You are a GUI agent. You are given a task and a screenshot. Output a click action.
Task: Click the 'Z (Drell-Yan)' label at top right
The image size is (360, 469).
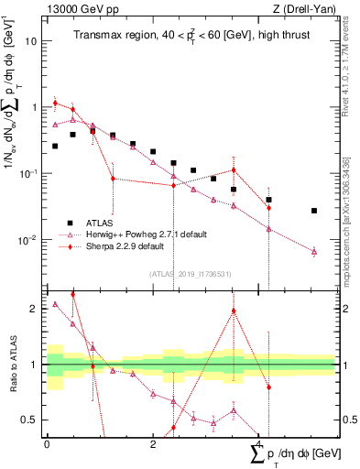point(308,9)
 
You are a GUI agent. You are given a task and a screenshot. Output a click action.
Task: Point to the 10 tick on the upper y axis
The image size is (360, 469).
point(31,41)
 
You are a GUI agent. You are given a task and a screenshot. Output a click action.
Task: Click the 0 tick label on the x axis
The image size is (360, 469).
point(47,443)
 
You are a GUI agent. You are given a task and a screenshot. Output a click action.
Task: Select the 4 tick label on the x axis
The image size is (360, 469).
point(259,443)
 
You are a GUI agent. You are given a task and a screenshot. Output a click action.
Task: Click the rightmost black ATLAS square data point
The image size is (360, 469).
point(314,211)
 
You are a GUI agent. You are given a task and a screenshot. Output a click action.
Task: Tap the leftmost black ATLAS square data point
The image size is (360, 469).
point(55,146)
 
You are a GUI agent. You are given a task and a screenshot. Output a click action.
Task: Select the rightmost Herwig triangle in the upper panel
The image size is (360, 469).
point(314,251)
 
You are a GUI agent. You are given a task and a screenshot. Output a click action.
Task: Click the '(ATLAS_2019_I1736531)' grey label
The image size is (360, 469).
point(190,273)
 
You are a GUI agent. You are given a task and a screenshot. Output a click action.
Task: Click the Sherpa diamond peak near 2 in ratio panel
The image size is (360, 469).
point(235,311)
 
